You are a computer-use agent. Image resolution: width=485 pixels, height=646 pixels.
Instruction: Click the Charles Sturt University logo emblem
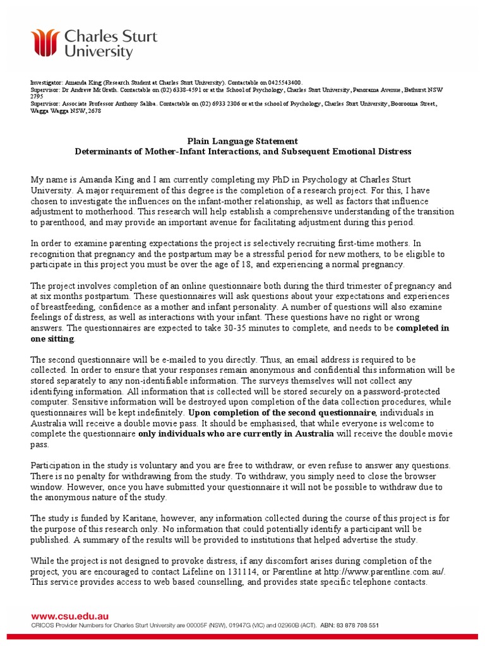pos(46,42)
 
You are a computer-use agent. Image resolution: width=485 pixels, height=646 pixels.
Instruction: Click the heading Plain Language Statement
pos(242,141)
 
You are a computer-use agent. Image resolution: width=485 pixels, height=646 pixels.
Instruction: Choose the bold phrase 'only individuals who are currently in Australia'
pos(236,434)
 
